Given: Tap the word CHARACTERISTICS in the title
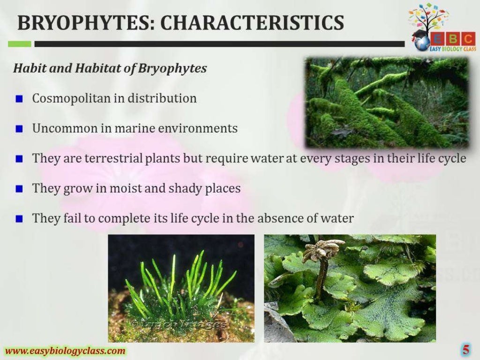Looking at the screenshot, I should [249, 22].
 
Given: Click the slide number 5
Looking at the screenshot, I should [465, 349].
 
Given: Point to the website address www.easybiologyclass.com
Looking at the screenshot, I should [65, 351].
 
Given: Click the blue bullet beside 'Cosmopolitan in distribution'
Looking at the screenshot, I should [19, 99].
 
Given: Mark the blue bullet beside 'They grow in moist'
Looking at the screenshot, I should [19, 189].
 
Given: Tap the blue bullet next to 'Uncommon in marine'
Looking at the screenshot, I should [19, 129].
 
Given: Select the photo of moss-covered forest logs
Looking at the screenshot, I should [387, 102].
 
